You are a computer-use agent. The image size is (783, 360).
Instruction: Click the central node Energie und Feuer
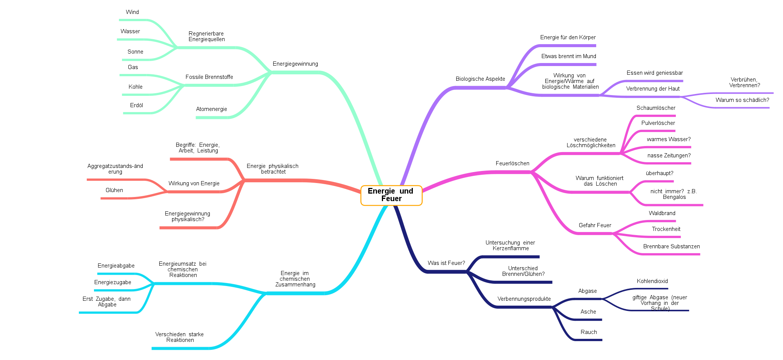391,195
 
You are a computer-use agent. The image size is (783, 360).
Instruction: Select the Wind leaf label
132,12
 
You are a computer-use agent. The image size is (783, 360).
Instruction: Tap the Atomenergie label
211,109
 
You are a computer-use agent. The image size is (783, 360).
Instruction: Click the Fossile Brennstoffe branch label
209,77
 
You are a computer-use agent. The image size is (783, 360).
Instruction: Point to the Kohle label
135,87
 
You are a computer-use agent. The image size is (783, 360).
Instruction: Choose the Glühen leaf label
114,190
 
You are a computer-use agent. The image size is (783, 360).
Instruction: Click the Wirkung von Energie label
194,183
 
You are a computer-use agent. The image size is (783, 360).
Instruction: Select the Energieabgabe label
116,266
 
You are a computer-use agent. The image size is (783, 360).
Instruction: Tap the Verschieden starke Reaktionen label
180,337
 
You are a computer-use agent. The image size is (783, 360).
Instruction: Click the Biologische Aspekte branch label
480,79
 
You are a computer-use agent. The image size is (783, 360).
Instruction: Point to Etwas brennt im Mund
568,56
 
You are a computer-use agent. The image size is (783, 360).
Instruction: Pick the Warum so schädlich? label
742,100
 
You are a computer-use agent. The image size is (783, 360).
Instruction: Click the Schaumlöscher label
655,108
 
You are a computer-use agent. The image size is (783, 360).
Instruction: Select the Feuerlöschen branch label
512,163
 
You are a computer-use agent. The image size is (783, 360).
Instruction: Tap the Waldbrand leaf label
662,213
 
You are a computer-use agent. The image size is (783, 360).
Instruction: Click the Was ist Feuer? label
446,263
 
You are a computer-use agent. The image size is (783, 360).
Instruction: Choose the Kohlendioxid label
652,281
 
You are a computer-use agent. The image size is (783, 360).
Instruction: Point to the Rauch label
588,332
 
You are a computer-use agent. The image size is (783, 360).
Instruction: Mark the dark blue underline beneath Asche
587,320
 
